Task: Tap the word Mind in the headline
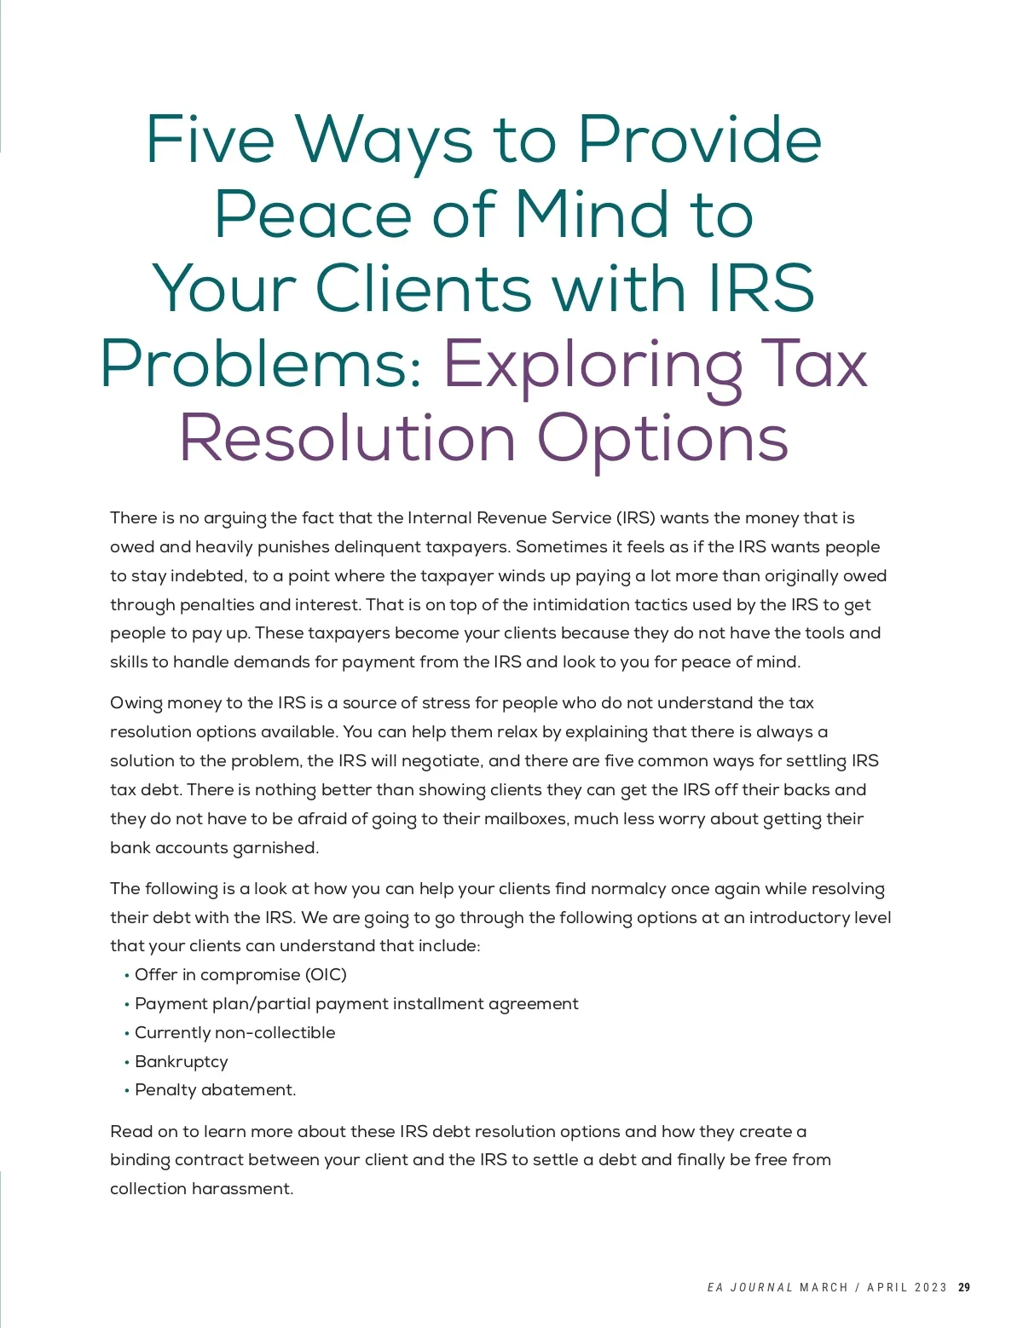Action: [x=592, y=214]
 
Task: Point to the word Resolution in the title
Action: [x=347, y=438]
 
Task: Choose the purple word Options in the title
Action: [x=662, y=440]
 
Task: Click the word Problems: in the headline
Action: [x=263, y=365]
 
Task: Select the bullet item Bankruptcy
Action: [x=181, y=1061]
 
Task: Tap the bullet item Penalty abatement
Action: [x=215, y=1089]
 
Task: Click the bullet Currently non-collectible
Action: [x=234, y=1032]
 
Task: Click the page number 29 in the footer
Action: [x=964, y=1287]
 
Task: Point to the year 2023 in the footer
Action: [x=931, y=1287]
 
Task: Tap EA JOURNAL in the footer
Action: [x=749, y=1287]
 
